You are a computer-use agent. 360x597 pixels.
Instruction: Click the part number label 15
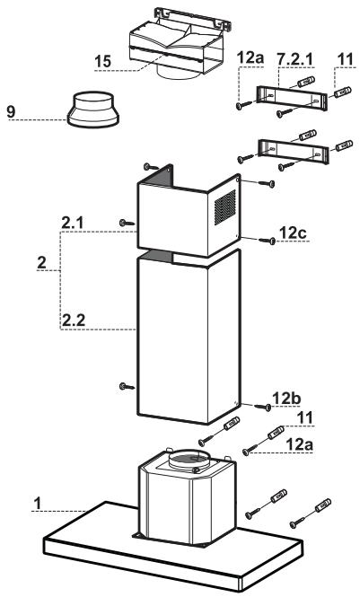click(x=102, y=61)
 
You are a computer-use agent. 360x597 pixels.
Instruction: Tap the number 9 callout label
click(x=11, y=111)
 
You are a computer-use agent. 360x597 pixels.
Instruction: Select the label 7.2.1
click(x=295, y=59)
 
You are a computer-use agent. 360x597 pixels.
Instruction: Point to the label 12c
click(x=293, y=233)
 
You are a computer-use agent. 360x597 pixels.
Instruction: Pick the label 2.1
click(x=73, y=224)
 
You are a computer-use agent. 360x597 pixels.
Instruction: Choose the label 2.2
click(x=74, y=320)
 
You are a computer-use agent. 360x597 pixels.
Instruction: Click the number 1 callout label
click(x=37, y=503)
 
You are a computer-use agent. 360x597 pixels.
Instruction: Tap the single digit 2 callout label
click(x=42, y=262)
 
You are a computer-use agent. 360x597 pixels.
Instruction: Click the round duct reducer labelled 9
click(x=93, y=110)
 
